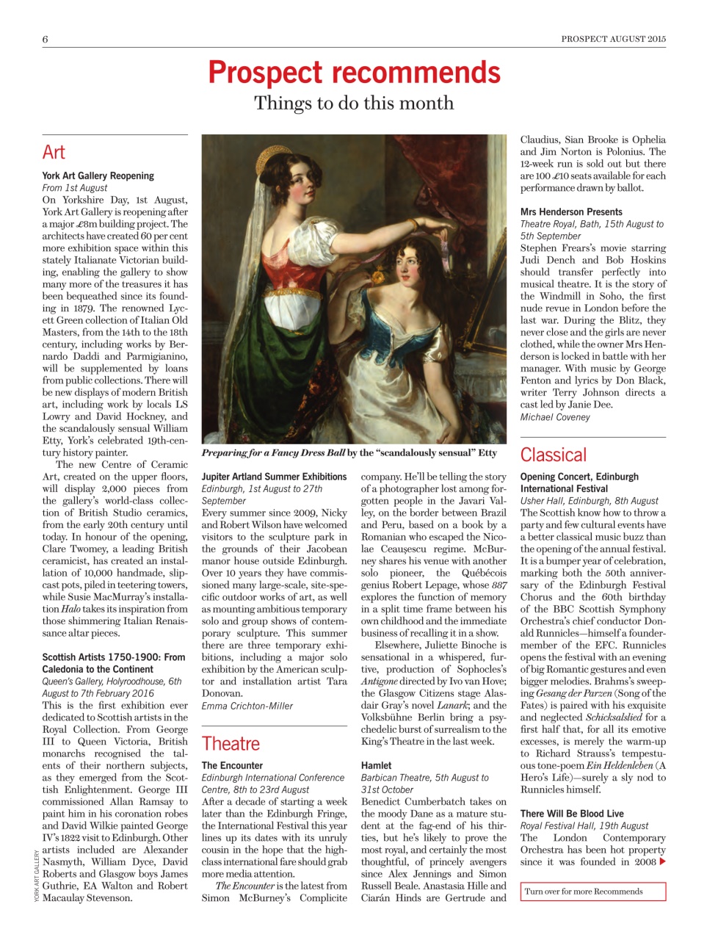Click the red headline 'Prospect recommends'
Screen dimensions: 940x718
(354, 73)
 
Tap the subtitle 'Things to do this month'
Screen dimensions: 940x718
(354, 104)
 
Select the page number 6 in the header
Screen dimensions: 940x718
(46, 39)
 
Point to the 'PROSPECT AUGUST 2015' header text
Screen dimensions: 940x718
(613, 39)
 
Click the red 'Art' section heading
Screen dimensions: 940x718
(54, 153)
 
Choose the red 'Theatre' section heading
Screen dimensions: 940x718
(231, 744)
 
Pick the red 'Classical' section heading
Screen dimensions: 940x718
(553, 455)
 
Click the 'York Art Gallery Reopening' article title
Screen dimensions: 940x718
(98, 176)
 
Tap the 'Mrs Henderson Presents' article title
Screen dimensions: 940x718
(571, 212)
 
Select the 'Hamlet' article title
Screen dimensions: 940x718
(376, 765)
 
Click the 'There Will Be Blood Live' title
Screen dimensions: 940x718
(572, 814)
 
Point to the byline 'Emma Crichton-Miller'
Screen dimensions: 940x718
(247, 706)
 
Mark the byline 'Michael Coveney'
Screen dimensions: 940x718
(555, 417)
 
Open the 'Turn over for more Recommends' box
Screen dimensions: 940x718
(592, 892)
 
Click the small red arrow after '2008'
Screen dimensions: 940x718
(663, 861)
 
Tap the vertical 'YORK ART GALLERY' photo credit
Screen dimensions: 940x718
(37, 875)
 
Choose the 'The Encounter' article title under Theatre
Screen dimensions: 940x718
(232, 765)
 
